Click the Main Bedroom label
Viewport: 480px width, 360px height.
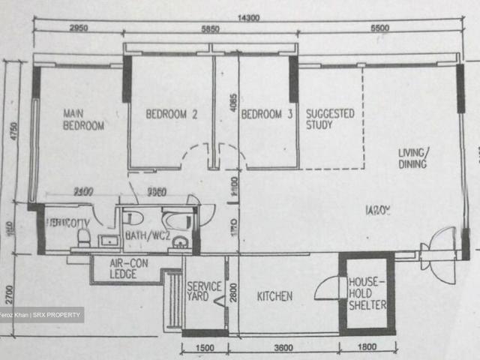82,120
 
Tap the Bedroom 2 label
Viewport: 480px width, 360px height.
171,115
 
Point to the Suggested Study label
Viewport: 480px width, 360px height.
330,119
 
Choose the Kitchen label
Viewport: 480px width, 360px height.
275,296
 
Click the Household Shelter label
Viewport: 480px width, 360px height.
366,293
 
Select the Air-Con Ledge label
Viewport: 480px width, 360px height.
129,268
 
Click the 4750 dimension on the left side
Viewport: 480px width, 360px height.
10,135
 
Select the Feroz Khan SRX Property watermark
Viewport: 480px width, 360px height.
41,315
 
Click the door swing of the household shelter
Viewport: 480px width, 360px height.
327,289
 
